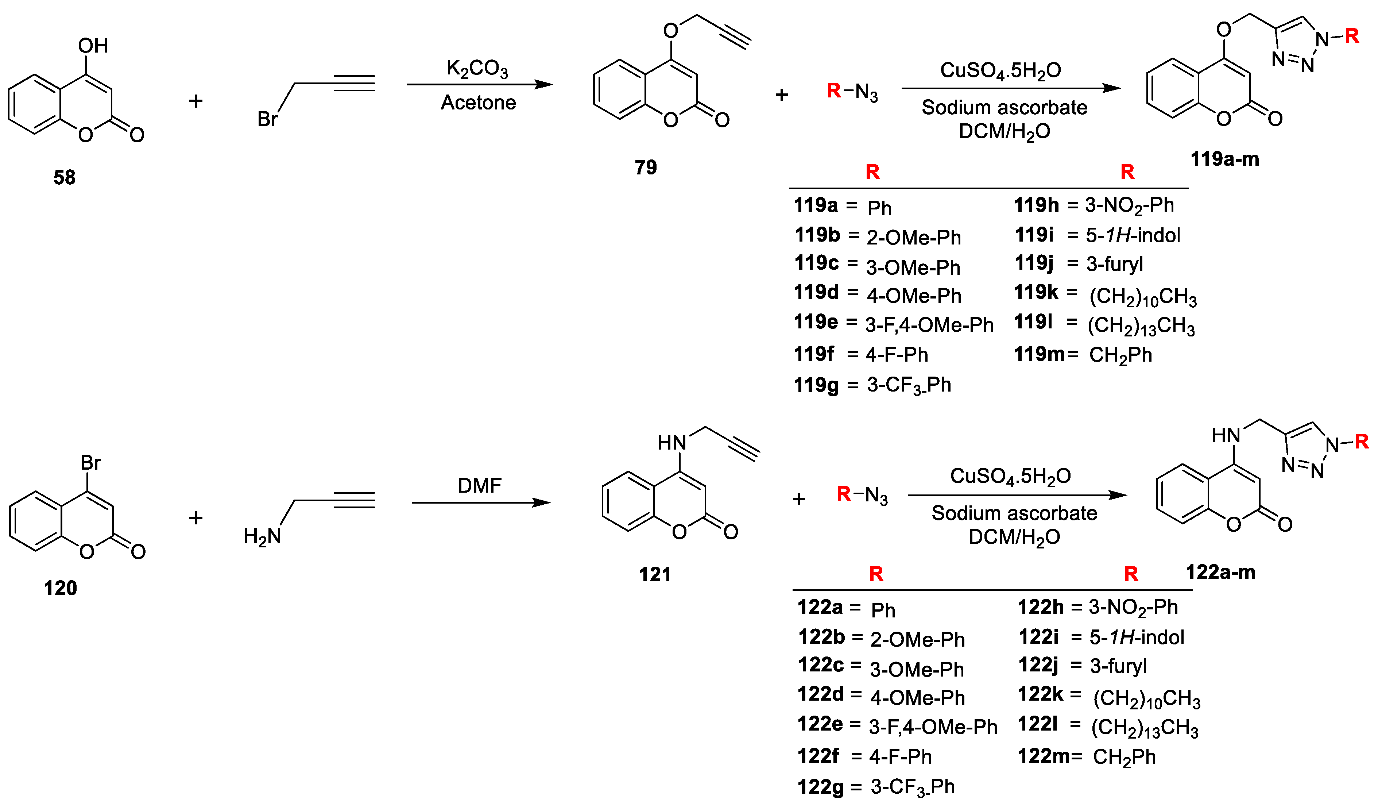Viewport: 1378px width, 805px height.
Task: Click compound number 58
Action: (65, 177)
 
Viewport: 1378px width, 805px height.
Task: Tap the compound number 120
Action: (60, 588)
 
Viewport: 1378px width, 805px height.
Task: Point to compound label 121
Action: (655, 575)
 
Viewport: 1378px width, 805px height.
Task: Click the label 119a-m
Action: (1225, 159)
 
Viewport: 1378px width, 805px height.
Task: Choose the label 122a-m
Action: (1220, 573)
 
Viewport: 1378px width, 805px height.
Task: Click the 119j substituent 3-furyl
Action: (1114, 264)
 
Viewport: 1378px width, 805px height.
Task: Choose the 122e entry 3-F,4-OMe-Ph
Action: (933, 727)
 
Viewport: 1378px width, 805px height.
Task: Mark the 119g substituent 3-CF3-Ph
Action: (909, 385)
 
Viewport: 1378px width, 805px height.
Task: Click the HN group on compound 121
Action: (671, 443)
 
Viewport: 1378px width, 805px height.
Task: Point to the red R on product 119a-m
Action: (1352, 36)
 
